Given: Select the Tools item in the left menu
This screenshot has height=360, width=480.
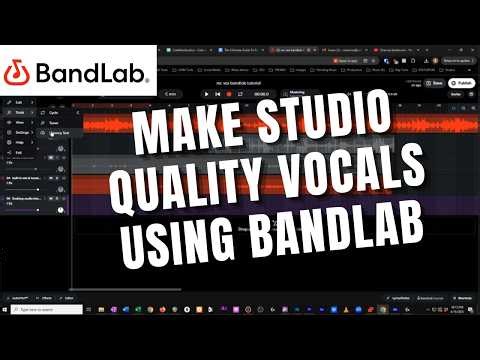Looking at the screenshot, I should (x=19, y=113).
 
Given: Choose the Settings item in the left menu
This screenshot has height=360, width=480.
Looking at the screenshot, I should (x=21, y=130).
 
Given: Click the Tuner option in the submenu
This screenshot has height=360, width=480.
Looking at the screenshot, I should (x=56, y=122).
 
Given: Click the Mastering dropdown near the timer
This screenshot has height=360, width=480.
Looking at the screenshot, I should (x=299, y=94).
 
